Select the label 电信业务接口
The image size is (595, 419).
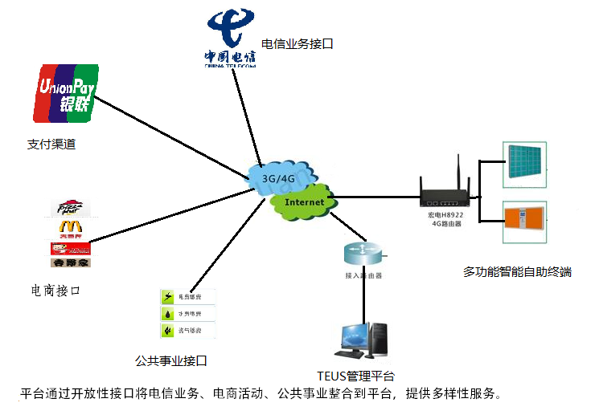(297, 44)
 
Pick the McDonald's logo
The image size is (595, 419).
(69, 229)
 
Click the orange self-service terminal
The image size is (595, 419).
(523, 222)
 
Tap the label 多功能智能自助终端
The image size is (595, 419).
(517, 272)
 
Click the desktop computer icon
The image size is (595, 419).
(364, 340)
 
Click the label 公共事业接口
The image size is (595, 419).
(172, 360)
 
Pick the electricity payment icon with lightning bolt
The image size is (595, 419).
(169, 297)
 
